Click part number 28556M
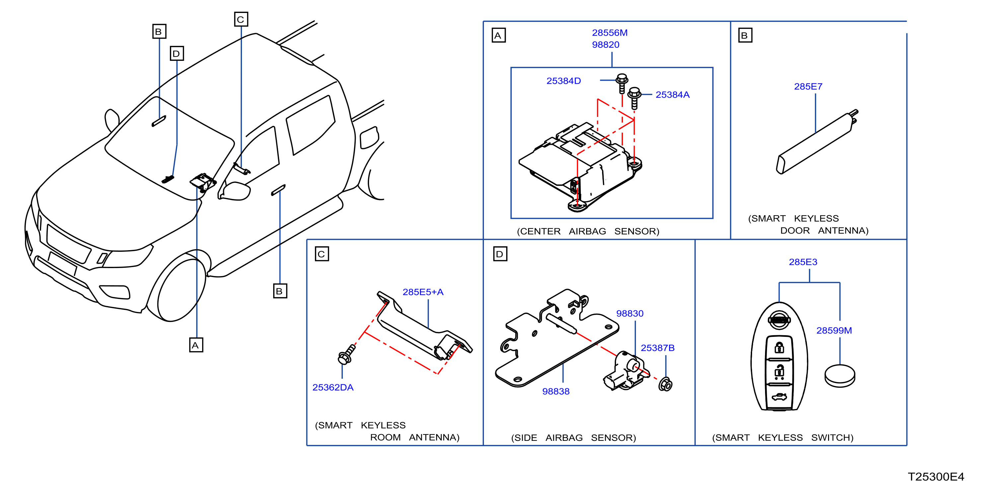[609, 33]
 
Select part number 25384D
[564, 81]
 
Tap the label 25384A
[672, 95]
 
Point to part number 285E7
[808, 86]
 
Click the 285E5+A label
[423, 292]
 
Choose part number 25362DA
[333, 387]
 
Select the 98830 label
[630, 313]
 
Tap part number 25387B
[657, 347]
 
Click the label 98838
[556, 391]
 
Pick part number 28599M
[834, 331]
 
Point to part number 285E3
[803, 262]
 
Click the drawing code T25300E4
[936, 477]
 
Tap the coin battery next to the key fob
[839, 376]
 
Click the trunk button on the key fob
[779, 397]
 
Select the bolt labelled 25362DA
[347, 354]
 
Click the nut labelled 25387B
[665, 384]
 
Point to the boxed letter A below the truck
[196, 345]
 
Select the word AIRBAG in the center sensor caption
[587, 232]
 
